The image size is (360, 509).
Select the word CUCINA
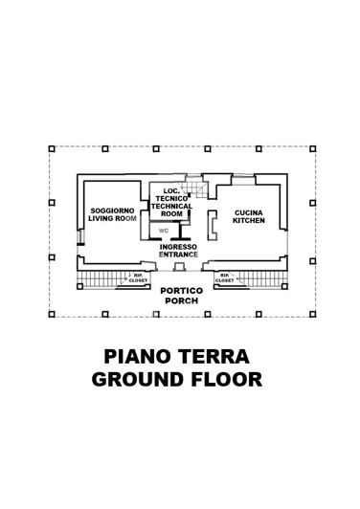click(x=248, y=210)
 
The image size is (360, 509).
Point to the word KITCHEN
click(x=248, y=220)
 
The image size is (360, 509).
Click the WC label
click(x=163, y=231)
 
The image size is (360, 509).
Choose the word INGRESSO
click(x=179, y=247)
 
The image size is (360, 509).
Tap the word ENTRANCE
click(x=179, y=255)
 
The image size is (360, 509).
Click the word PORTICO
click(x=180, y=290)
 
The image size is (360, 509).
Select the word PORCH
click(x=180, y=300)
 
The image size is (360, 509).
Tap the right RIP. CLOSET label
click(x=226, y=278)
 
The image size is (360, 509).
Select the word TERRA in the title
click(x=217, y=357)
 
